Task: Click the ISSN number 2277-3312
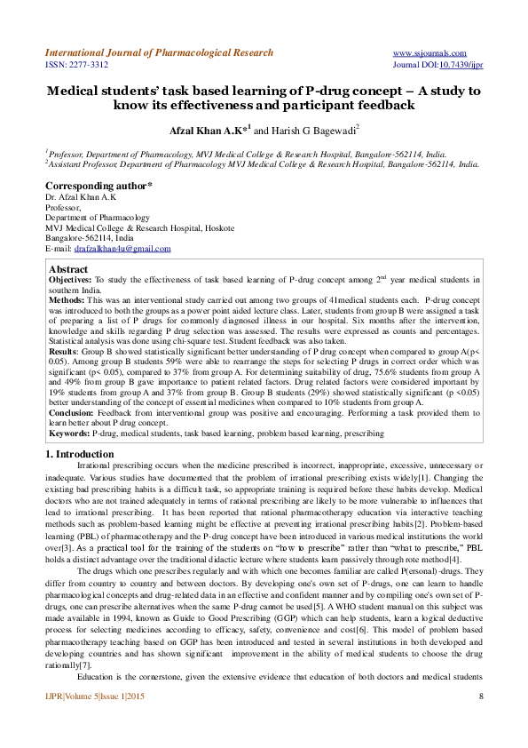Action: pos(76,65)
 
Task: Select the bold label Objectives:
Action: pos(70,279)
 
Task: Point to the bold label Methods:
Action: pos(67,299)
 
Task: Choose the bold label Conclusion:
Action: pos(72,412)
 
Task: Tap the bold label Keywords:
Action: pos(69,433)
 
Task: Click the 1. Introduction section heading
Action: pos(79,454)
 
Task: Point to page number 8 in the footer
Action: pos(480,719)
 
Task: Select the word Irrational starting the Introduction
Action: pos(98,465)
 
